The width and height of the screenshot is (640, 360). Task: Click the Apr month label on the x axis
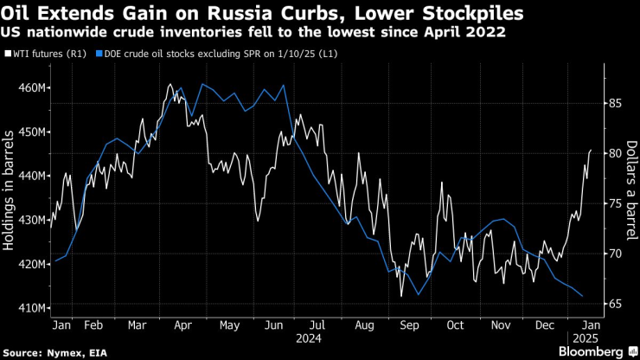pos(182,326)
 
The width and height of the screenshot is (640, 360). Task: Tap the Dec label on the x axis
pos(546,326)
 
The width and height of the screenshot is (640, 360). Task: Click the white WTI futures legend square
pos(9,55)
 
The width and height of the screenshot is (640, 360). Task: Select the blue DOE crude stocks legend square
pos(99,55)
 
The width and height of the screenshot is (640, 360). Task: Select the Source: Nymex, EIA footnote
pos(49,351)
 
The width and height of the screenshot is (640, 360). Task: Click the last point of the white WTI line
pos(591,151)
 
